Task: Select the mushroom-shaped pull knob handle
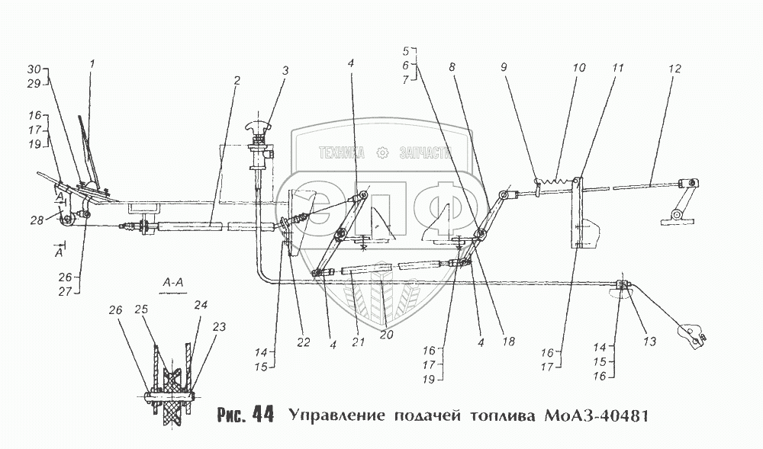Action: pos(257,126)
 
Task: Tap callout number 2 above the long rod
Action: pos(237,79)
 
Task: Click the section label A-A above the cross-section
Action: pos(172,281)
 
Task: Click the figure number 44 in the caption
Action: pos(262,415)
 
